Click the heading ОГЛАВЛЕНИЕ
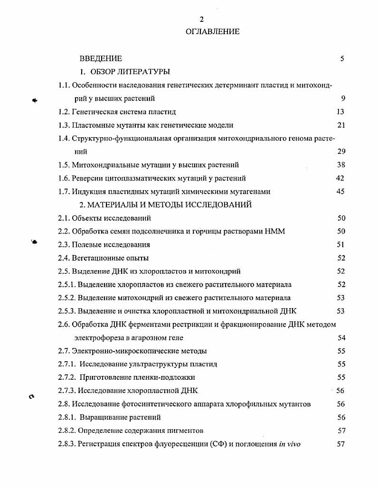213,32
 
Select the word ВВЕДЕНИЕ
101,59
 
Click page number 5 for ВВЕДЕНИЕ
342,59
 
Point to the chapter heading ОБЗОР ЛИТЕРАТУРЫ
130,72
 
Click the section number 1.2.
64,112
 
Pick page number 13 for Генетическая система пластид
340,112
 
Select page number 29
340,152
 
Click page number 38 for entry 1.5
340,165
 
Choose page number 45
340,192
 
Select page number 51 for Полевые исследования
340,245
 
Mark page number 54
341,338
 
